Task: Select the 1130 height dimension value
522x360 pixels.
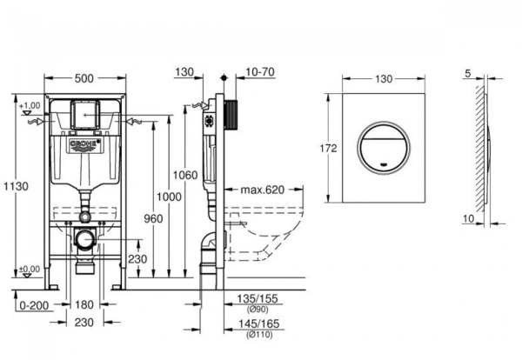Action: pos(10,185)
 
